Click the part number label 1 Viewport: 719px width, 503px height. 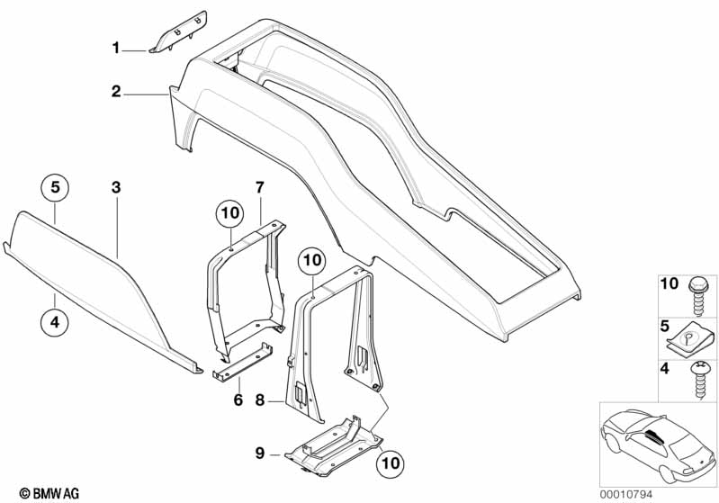click(116, 48)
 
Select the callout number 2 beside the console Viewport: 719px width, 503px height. click(116, 91)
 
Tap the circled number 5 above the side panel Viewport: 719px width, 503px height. click(55, 187)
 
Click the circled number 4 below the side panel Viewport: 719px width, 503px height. click(55, 322)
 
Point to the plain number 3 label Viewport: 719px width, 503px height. click(116, 187)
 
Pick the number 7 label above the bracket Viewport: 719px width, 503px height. click(260, 187)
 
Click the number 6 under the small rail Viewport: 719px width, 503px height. click(238, 400)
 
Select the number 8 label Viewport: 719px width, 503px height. click(260, 400)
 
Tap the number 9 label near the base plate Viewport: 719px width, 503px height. click(260, 454)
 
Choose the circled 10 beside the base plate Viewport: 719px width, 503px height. click(391, 463)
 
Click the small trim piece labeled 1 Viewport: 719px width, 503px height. click(178, 32)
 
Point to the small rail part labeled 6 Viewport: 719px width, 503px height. click(242, 361)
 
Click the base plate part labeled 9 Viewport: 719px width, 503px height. click(333, 445)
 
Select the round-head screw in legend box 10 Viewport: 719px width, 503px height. click(700, 296)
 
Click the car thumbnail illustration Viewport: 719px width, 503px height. click(659, 445)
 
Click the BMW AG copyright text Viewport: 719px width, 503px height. click(49, 493)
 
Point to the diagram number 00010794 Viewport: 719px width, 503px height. click(625, 494)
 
